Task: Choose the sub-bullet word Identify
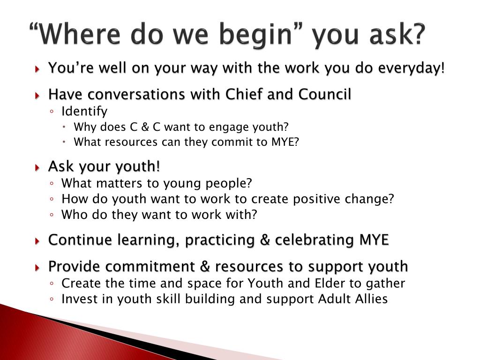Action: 84,112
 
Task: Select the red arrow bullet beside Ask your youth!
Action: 38,167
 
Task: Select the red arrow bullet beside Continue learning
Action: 38,241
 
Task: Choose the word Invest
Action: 77,299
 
